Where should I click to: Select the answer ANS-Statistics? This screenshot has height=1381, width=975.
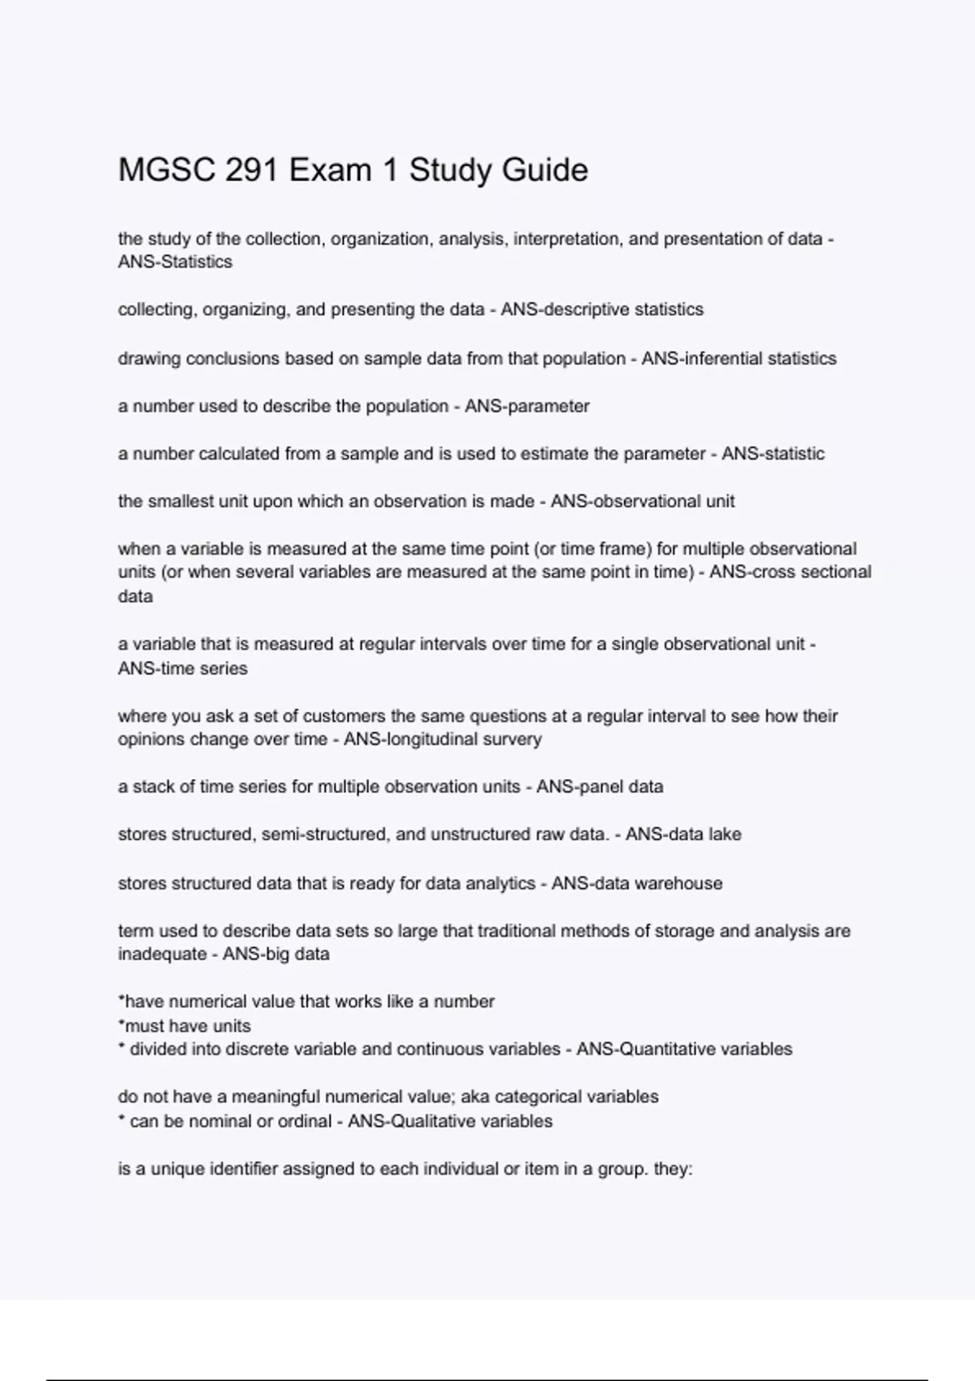tap(175, 262)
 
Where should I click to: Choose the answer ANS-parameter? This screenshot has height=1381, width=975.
tap(526, 406)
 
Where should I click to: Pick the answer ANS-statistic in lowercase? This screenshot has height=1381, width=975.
tap(773, 454)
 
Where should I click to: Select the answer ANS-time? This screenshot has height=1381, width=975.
tap(154, 669)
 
